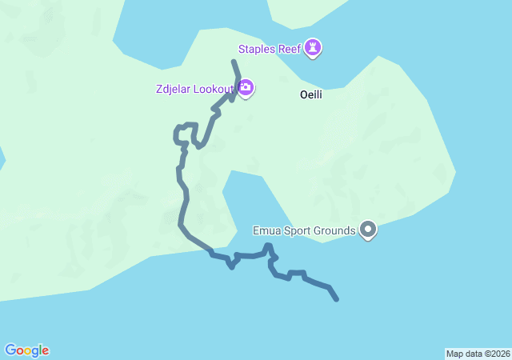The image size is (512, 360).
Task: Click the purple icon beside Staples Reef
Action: coord(314,49)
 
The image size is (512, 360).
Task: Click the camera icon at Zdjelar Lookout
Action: coord(246,88)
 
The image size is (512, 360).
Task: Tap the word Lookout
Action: coord(215,88)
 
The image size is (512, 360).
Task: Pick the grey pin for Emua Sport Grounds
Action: coord(368,230)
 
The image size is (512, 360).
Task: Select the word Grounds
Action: coord(335,231)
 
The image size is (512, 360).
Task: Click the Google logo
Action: coord(26,350)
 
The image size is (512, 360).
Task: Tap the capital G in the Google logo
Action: coord(10,350)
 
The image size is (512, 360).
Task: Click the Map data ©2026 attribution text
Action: coord(478,354)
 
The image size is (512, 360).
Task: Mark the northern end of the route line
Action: coord(234,62)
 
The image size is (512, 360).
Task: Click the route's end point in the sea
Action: coord(337,299)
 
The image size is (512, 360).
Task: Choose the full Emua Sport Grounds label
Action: coord(304,231)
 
